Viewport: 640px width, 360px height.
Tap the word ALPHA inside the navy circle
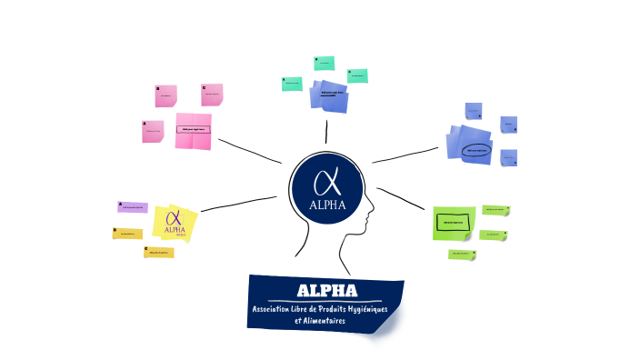327,205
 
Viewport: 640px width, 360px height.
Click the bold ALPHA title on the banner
326,292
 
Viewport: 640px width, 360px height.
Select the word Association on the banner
280,311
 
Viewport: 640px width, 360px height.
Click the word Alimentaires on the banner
334,321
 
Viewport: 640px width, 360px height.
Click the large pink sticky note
194,131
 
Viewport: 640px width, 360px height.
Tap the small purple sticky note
133,207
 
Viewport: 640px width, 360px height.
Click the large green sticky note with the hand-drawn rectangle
453,222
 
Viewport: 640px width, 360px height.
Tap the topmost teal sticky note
324,63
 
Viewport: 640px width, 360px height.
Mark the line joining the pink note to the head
249,152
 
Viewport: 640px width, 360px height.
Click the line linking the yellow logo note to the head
238,204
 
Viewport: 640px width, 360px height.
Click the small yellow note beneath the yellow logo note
158,252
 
